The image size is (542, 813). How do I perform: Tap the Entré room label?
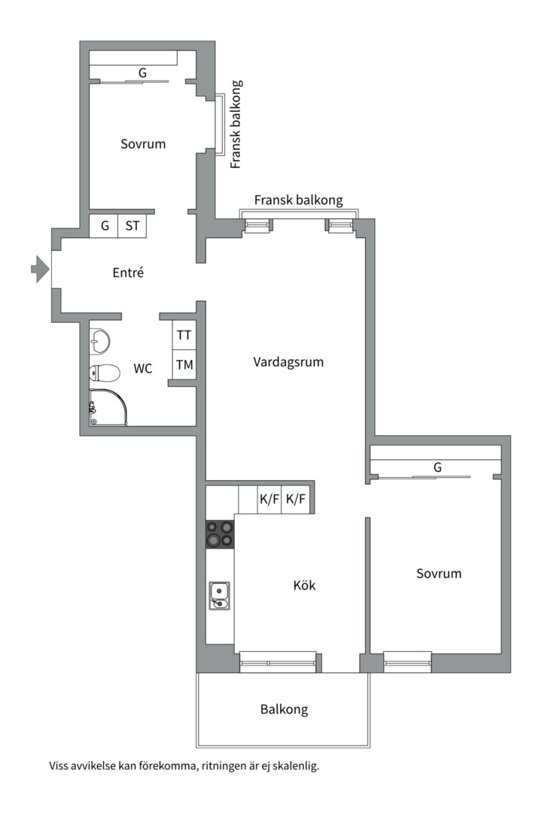(x=128, y=273)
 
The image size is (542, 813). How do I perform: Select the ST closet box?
(x=132, y=226)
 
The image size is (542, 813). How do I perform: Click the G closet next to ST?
(x=104, y=226)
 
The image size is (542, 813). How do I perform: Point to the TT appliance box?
(x=184, y=335)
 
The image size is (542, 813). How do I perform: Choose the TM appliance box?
(x=184, y=366)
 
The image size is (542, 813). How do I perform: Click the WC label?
(x=143, y=369)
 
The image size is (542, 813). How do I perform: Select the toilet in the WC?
(x=105, y=373)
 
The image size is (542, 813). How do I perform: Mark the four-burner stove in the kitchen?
(x=220, y=534)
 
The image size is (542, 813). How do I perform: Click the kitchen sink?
(x=219, y=595)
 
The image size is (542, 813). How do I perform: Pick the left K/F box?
(x=269, y=499)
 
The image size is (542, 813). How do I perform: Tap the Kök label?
(x=304, y=585)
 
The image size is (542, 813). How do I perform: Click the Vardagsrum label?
(x=288, y=362)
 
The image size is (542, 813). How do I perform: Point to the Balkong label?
(x=284, y=709)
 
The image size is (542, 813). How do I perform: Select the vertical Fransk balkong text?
(x=236, y=124)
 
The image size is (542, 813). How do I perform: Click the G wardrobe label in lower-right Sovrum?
(x=437, y=468)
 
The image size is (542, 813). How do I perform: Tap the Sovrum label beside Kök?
(x=439, y=574)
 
